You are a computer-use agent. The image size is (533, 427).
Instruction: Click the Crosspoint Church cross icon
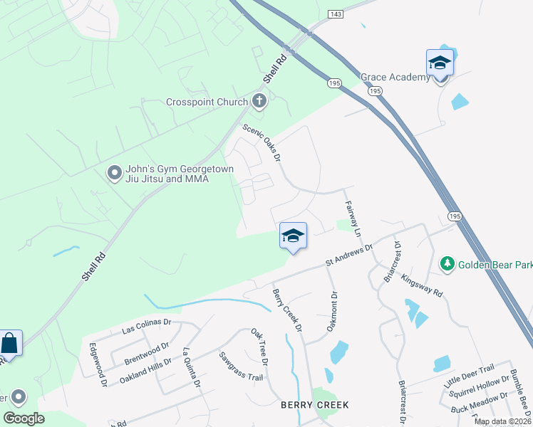coord(259,102)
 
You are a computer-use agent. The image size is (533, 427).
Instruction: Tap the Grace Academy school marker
coord(440,63)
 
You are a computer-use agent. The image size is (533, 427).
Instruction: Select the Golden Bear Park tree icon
coord(447,265)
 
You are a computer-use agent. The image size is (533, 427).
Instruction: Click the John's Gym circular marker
coord(114,173)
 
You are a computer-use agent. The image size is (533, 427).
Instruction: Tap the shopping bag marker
coord(10,344)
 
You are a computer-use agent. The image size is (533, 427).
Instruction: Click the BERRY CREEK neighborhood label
coord(314,405)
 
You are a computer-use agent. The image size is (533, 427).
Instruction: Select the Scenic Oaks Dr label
coord(262,142)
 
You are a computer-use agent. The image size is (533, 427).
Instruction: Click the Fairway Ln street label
coord(353,219)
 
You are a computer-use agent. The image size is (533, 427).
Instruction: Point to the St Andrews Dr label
coord(349,256)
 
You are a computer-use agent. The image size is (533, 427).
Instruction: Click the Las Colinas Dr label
coord(147,326)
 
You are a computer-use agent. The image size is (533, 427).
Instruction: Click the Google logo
coord(24,418)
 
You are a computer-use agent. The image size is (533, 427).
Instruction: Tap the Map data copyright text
coord(502,421)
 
